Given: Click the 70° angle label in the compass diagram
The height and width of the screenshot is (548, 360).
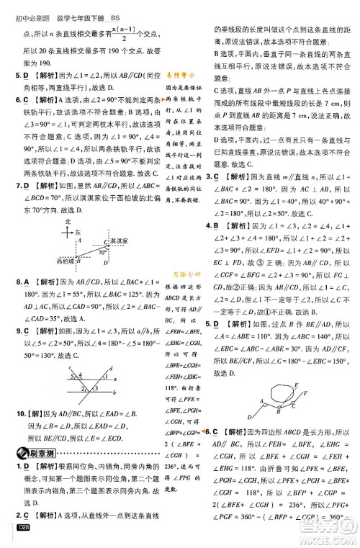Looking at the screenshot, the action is pos(101,253).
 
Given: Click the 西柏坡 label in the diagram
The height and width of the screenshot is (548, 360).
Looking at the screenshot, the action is pos(53,259).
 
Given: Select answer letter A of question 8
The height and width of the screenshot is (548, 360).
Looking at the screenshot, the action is pos(27,281).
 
